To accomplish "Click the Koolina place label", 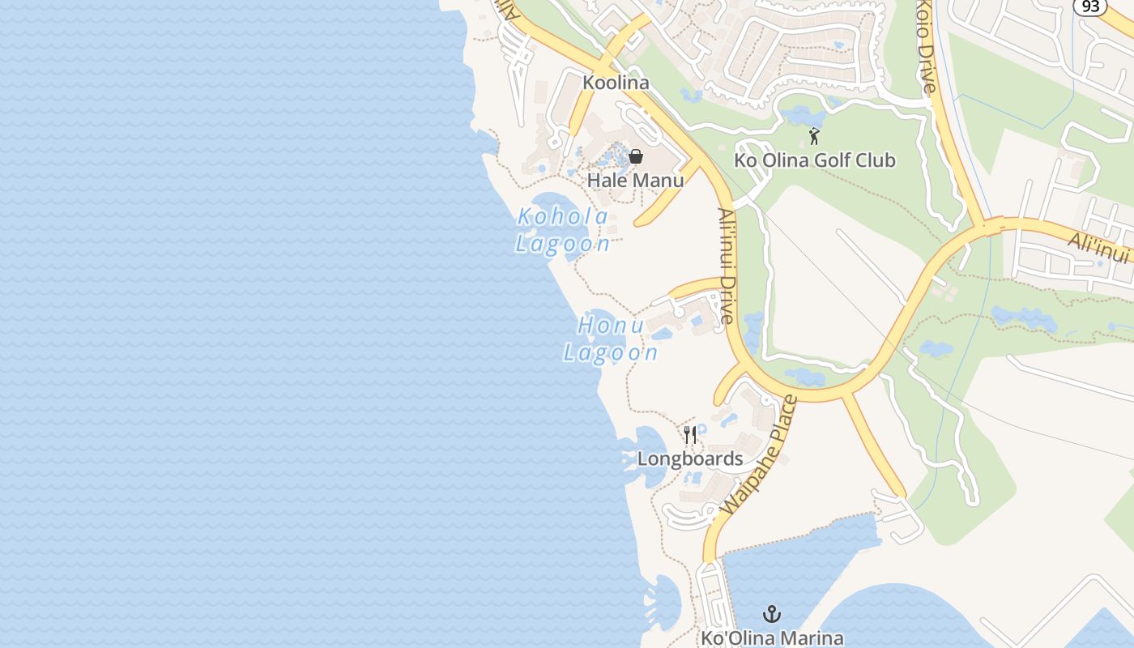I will pyautogui.click(x=616, y=83).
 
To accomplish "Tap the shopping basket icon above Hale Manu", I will pyautogui.click(x=636, y=156).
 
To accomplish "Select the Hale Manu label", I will pyautogui.click(x=635, y=180).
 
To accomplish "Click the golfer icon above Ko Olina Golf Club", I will pyautogui.click(x=814, y=137).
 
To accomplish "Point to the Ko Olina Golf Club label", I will pyautogui.click(x=814, y=160).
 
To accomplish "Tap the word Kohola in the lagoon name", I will pyautogui.click(x=563, y=217).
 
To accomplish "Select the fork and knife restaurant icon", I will pyautogui.click(x=689, y=435).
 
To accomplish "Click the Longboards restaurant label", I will pyautogui.click(x=689, y=458).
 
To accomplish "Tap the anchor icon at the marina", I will pyautogui.click(x=772, y=613).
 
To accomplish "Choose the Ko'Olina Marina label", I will pyautogui.click(x=772, y=637).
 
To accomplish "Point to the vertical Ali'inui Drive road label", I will pyautogui.click(x=726, y=266).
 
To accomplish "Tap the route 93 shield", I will pyautogui.click(x=1089, y=6).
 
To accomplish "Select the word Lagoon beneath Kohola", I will pyautogui.click(x=563, y=243).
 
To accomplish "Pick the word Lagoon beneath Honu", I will pyautogui.click(x=611, y=352).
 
